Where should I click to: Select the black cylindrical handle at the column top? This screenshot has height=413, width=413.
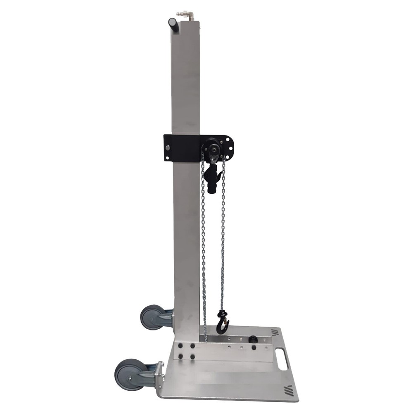pos(173,26)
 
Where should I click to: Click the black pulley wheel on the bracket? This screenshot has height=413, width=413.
pos(212,147)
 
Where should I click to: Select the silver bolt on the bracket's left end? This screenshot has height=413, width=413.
pos(168,148)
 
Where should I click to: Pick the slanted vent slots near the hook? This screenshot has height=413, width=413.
pos(275,332)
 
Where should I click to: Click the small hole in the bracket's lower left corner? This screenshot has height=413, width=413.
pos(167,157)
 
